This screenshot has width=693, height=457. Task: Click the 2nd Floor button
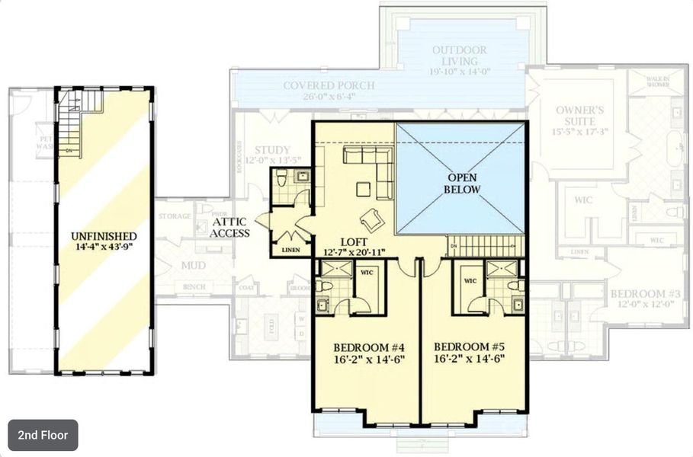point(43,436)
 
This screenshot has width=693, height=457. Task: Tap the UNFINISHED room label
point(104,236)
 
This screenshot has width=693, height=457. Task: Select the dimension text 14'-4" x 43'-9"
point(104,248)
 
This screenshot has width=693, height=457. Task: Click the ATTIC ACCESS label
point(230,227)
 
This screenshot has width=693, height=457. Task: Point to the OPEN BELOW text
point(463,184)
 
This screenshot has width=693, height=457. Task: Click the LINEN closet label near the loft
point(291,250)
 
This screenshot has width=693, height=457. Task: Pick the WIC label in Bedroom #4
point(367,271)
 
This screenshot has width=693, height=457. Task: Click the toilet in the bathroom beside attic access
point(281,179)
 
